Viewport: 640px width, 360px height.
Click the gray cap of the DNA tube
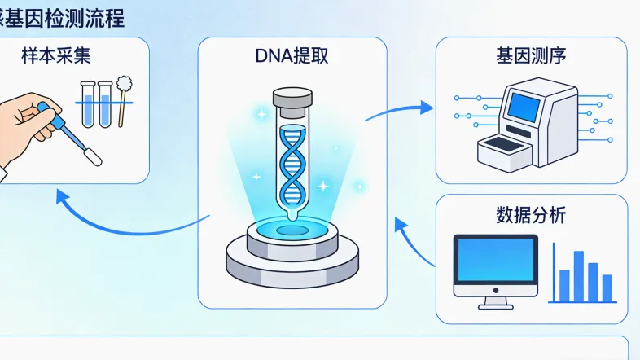292,97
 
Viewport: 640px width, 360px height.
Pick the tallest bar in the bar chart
579,276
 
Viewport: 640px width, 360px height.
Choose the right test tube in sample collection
104,103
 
